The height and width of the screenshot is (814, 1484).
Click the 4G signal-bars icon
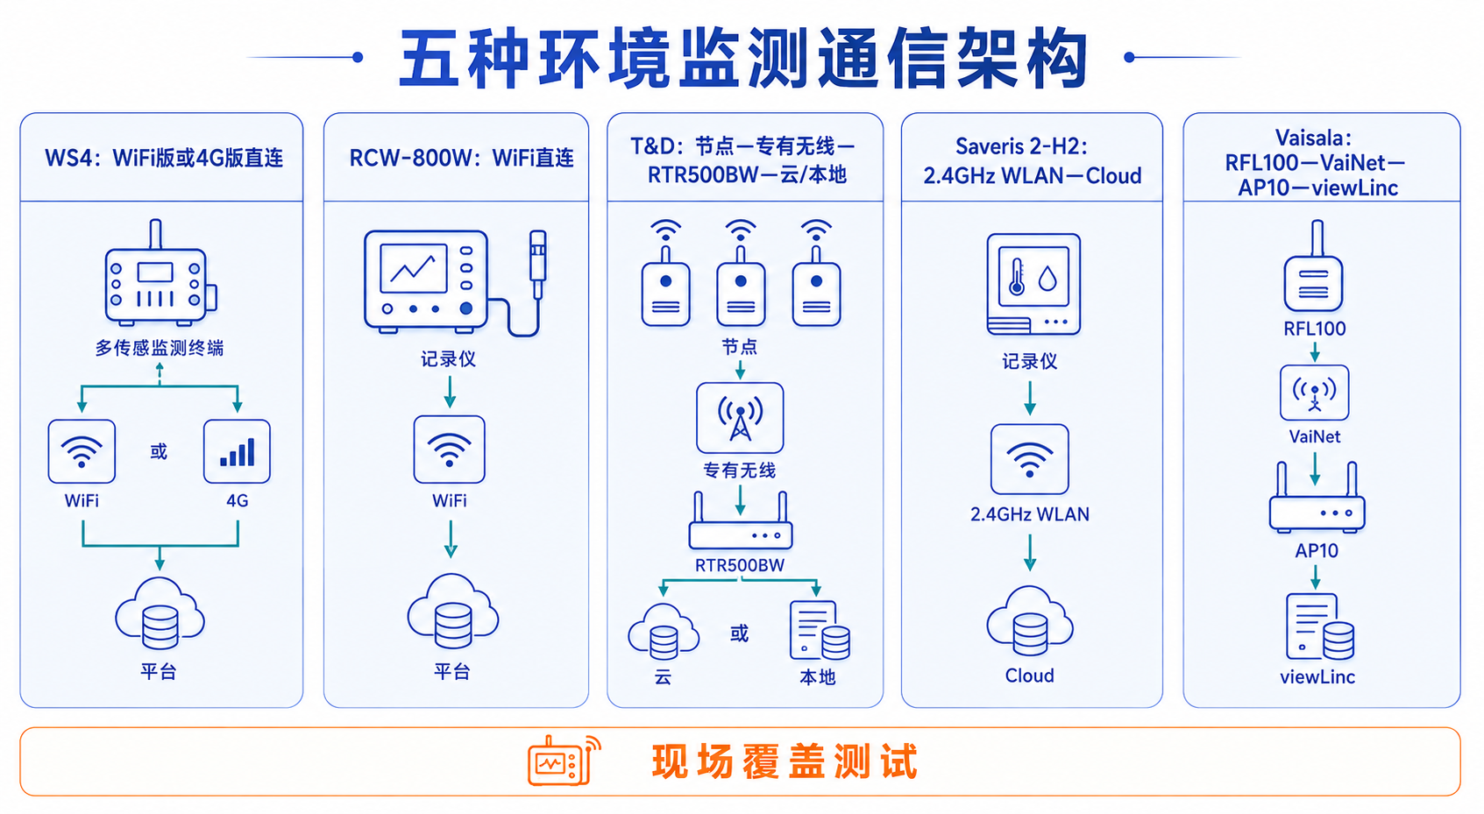[237, 451]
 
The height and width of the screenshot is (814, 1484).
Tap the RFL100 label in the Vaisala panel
[1315, 329]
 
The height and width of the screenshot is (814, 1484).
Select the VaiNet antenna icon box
[1315, 393]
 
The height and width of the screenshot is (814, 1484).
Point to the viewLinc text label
[1317, 677]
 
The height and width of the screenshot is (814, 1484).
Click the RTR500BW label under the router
[739, 565]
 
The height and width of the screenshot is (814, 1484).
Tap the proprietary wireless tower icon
[740, 418]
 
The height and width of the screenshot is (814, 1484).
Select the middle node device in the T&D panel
[741, 273]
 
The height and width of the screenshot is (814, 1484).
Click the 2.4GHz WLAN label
[1030, 514]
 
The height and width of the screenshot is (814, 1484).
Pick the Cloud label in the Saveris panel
[1030, 676]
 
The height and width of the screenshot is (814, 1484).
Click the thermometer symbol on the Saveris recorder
[1016, 276]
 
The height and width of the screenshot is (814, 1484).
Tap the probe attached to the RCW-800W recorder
[538, 265]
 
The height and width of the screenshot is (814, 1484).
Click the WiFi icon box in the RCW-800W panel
[449, 449]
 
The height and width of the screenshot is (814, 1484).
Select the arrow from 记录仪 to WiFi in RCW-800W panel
[450, 392]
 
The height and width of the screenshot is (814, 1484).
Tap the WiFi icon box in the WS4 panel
[82, 451]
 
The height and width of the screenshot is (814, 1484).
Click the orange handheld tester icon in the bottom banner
[564, 761]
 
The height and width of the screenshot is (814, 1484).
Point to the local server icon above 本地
[820, 631]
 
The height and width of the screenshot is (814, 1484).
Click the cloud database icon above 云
[664, 632]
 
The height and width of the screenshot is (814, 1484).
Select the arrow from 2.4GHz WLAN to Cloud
[1030, 553]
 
